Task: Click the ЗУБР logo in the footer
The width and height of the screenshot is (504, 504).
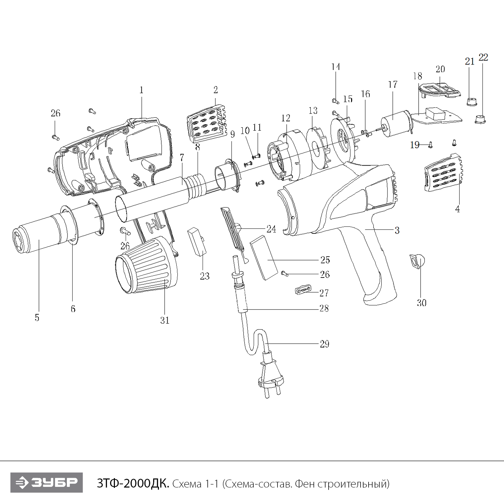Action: pyautogui.click(x=46, y=482)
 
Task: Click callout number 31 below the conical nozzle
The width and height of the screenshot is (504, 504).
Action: pyautogui.click(x=165, y=321)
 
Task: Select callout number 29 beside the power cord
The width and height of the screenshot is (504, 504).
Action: pyautogui.click(x=324, y=344)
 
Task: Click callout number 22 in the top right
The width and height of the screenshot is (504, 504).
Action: pyautogui.click(x=483, y=57)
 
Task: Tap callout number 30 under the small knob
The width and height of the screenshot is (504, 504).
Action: pyautogui.click(x=422, y=303)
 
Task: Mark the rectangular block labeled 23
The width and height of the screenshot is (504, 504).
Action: pyautogui.click(x=197, y=241)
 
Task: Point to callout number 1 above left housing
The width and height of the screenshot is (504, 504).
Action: pyautogui.click(x=141, y=90)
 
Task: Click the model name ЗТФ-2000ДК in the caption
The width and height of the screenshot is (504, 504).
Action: pyautogui.click(x=133, y=484)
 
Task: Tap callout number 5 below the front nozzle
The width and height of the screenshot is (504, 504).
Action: pyautogui.click(x=37, y=318)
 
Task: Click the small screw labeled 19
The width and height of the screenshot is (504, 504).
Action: pyautogui.click(x=430, y=145)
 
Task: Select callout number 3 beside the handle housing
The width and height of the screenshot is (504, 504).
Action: pyautogui.click(x=397, y=230)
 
